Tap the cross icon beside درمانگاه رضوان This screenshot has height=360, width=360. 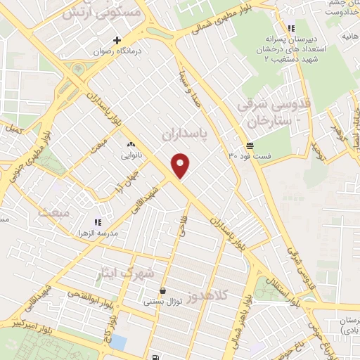[x=118, y=41]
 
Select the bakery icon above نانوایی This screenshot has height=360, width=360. [x=131, y=146]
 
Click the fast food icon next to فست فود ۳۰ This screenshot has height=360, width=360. [x=250, y=145]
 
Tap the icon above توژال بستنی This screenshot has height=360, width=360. [x=163, y=290]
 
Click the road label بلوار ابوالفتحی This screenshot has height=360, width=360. [x=85, y=299]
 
